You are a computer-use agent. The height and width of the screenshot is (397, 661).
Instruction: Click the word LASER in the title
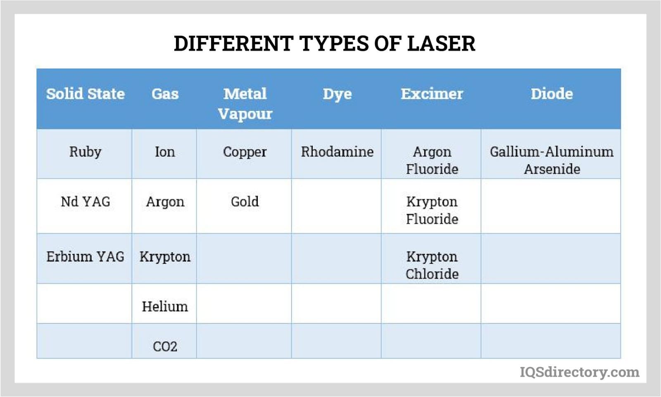[441, 43]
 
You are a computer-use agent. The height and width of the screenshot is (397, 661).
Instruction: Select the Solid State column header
[85, 93]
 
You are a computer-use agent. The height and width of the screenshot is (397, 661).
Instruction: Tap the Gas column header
[165, 94]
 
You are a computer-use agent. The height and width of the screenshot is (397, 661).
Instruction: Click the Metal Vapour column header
[245, 104]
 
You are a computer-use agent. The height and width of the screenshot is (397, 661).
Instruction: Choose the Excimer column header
[432, 93]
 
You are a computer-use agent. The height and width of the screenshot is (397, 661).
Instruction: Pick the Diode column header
[552, 93]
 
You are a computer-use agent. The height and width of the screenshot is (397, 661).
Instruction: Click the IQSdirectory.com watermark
[580, 372]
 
